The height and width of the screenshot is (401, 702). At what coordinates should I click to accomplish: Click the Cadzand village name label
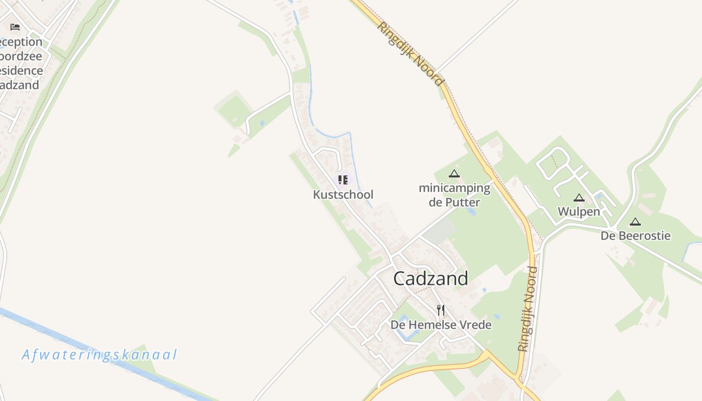pos(431,279)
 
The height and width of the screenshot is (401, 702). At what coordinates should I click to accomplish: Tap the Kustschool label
pos(343,194)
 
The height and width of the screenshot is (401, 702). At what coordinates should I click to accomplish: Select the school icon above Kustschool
pos(343,179)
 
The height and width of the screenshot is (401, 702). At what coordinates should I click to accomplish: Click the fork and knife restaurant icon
pos(441,310)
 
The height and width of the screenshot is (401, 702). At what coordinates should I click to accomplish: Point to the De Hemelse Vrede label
pos(441,325)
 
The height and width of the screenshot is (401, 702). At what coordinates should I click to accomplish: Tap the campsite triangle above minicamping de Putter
pos(454,174)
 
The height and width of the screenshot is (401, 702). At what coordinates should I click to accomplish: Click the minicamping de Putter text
pos(454,195)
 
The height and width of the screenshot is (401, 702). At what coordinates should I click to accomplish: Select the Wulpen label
pos(579,212)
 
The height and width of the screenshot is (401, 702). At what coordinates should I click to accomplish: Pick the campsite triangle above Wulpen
pos(579,197)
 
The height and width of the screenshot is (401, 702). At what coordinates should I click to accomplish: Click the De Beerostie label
pos(635,236)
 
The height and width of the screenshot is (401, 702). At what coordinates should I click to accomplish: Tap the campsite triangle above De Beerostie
pos(635,222)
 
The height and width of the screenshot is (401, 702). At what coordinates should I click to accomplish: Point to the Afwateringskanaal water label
pos(99,355)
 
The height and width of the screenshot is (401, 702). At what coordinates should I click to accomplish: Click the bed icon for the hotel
pos(15,27)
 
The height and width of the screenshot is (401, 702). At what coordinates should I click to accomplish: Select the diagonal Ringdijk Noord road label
pos(410,54)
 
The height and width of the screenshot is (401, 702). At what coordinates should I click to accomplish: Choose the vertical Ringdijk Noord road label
pos(528,309)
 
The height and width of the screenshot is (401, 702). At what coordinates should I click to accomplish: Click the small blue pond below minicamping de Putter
pos(471,211)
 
